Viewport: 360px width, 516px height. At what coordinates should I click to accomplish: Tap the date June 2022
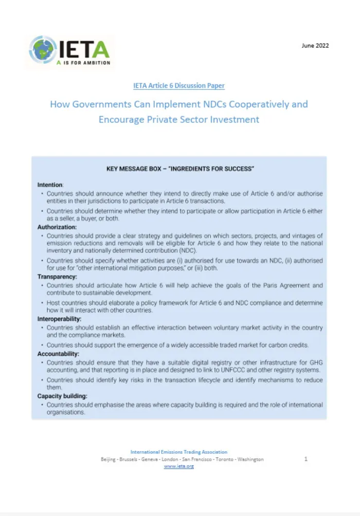[315, 45]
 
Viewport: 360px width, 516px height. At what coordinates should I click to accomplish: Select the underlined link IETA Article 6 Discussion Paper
[178, 86]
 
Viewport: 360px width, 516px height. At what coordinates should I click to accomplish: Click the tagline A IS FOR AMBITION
[83, 63]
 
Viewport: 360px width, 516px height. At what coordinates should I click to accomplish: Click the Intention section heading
[50, 184]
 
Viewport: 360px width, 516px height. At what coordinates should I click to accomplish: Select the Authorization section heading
[57, 227]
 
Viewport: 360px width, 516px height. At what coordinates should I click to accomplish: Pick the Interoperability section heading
[59, 319]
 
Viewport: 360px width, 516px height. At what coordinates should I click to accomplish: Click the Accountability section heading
[58, 354]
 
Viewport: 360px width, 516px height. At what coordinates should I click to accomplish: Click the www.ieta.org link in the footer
[178, 466]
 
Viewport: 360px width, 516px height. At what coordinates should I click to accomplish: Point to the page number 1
[305, 459]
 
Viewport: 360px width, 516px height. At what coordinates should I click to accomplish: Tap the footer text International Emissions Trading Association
[178, 452]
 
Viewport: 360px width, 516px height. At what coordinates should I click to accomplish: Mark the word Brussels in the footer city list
[130, 459]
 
